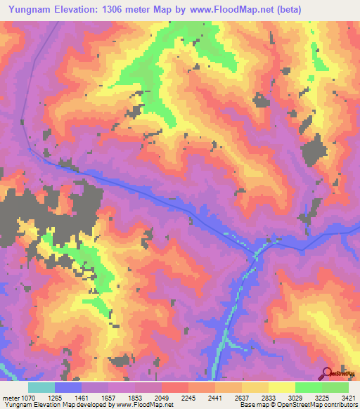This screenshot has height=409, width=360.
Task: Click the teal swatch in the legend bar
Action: click(41, 387)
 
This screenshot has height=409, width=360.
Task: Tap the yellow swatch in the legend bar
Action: click(281, 387)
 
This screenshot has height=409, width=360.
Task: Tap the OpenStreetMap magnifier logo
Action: click(328, 373)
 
